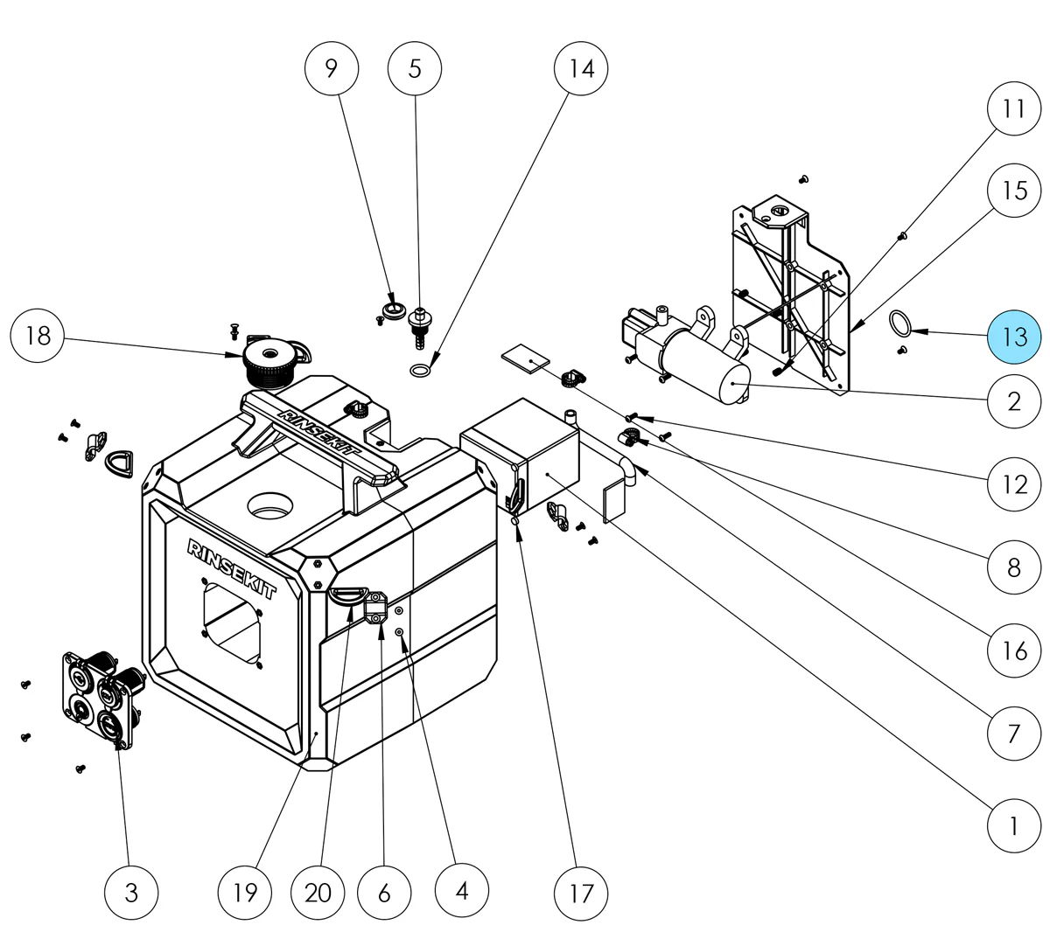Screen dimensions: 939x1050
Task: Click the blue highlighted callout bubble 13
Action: click(x=1014, y=337)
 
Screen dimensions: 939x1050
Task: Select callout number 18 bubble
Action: click(x=38, y=336)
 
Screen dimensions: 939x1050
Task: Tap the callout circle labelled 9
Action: click(x=331, y=67)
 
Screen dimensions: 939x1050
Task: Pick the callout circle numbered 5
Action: click(x=415, y=67)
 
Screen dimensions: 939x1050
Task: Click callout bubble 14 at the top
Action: click(x=581, y=67)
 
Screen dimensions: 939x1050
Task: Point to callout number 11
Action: click(x=1014, y=108)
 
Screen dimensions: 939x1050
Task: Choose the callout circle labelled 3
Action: click(x=131, y=892)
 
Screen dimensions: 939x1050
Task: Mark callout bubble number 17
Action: click(x=581, y=892)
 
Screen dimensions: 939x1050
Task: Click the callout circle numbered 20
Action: click(x=318, y=892)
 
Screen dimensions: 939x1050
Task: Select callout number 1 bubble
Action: click(x=1014, y=824)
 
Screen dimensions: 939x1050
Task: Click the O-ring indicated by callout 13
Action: click(x=899, y=323)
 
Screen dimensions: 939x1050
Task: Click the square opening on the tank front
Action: click(x=234, y=622)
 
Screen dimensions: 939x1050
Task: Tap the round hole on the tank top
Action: click(x=274, y=505)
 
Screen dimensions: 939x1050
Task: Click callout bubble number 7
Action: click(x=1014, y=732)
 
